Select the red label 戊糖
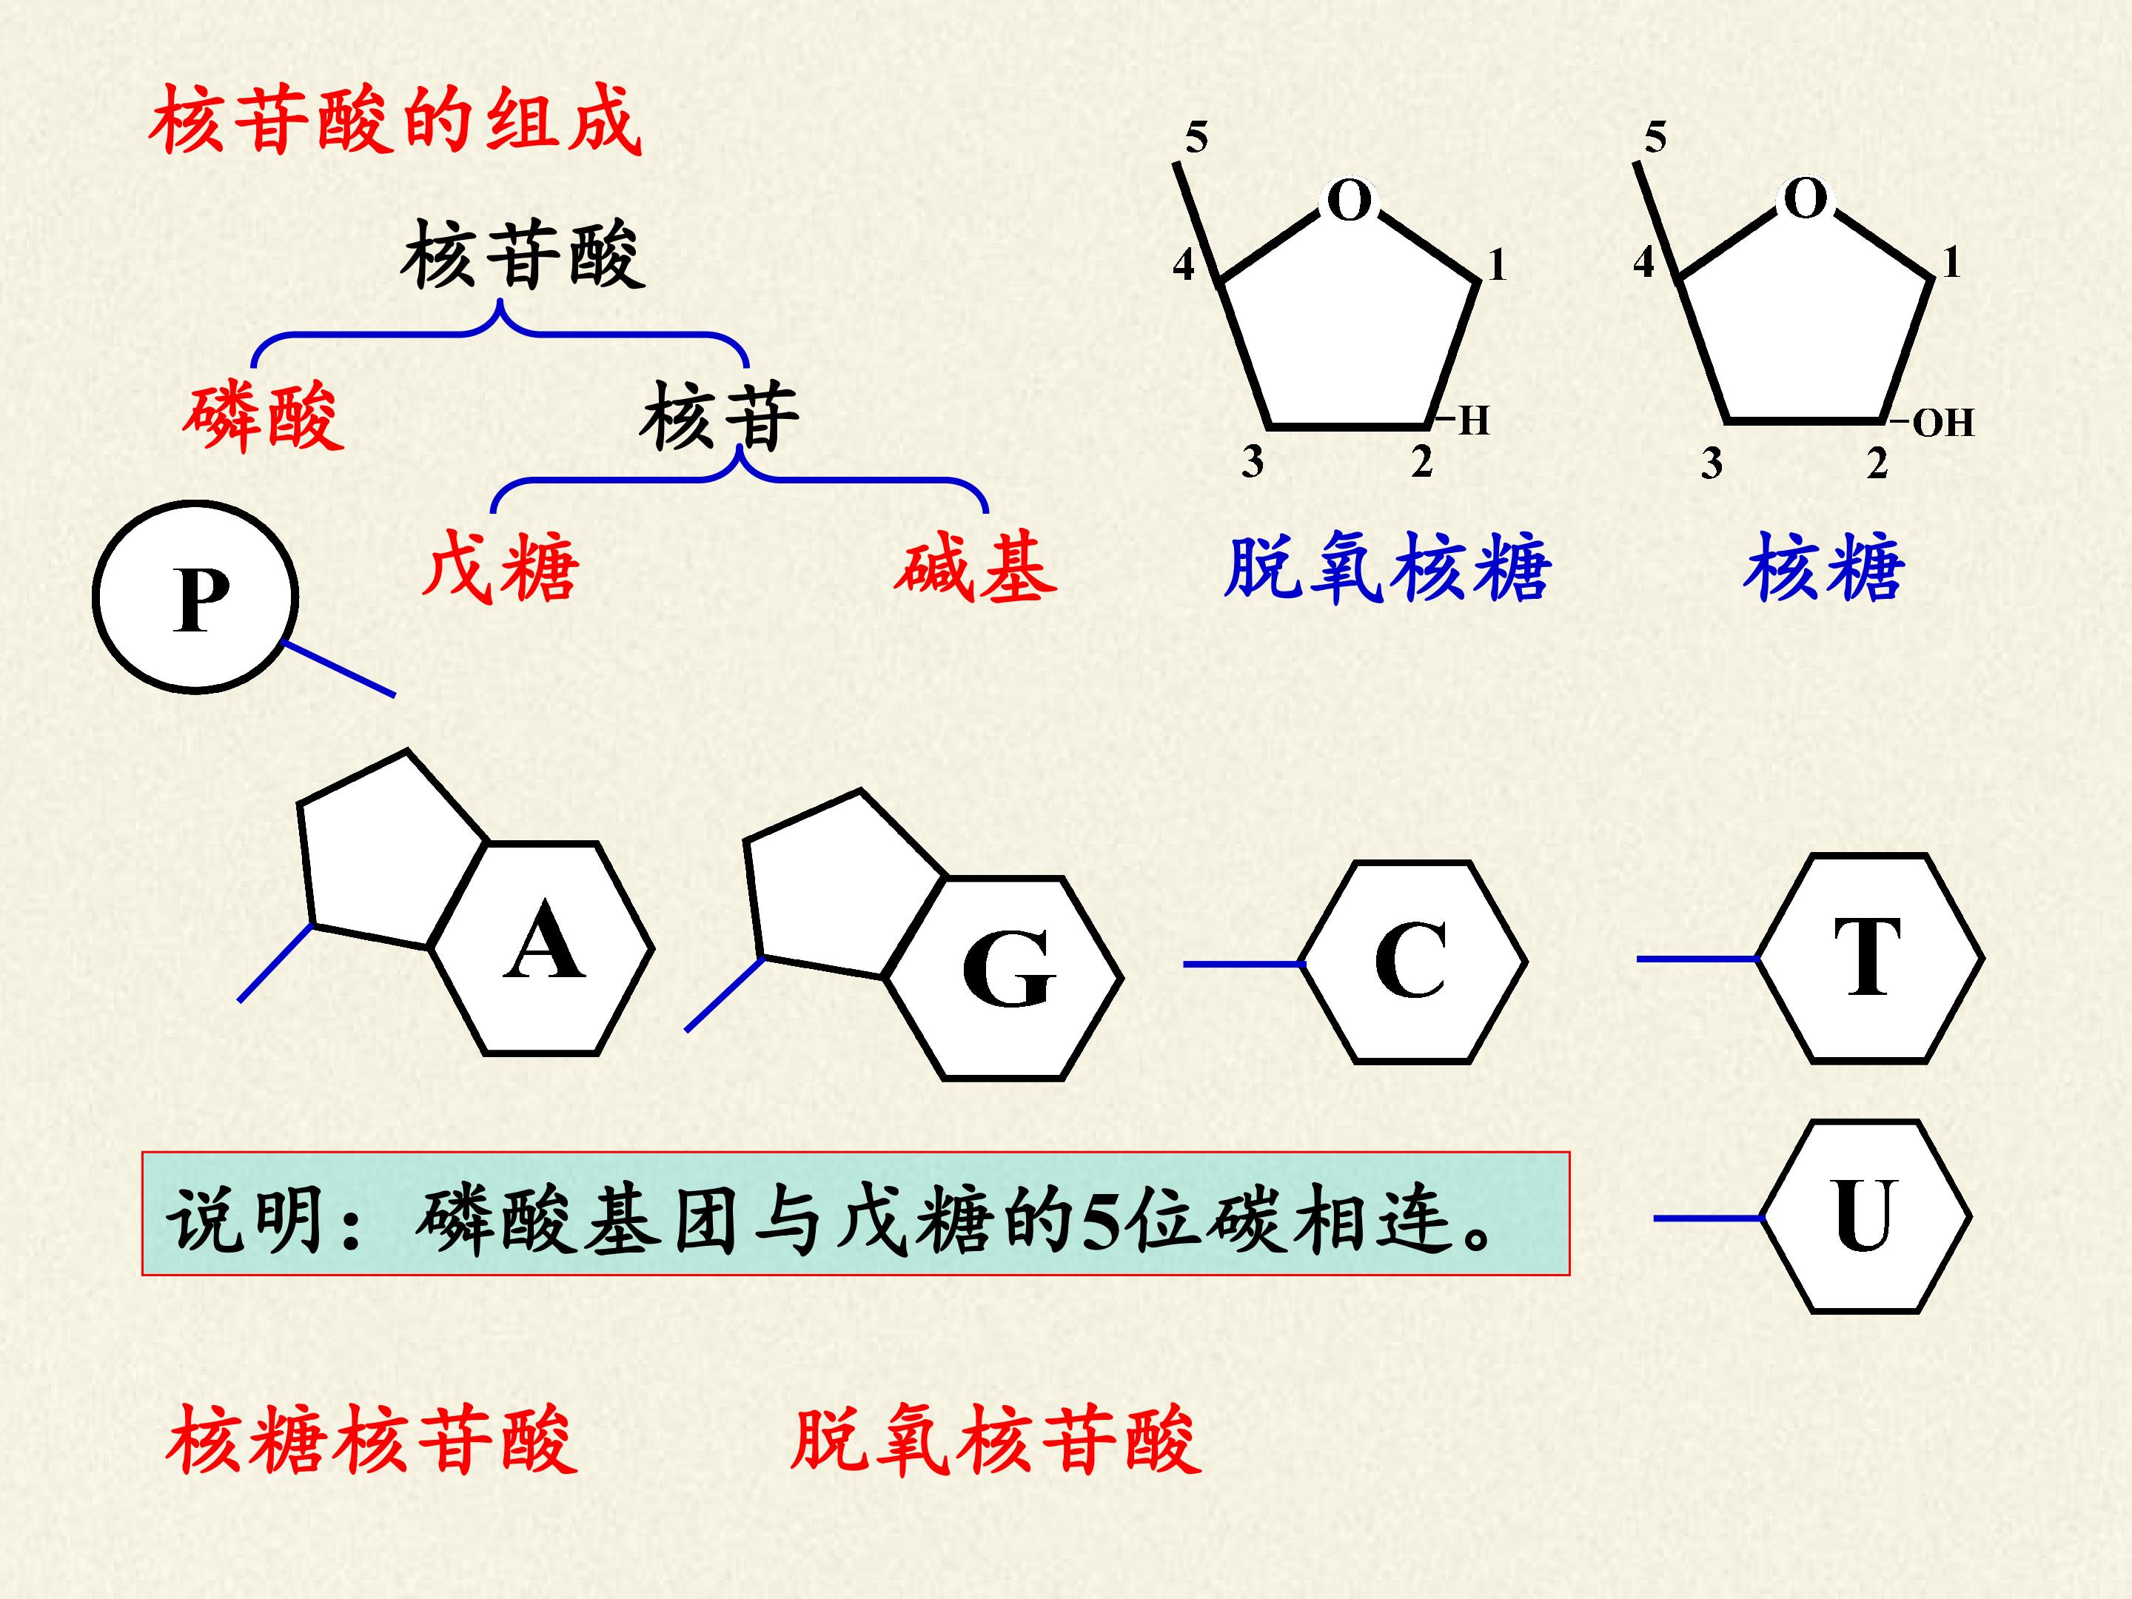click(500, 567)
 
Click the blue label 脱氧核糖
click(1388, 568)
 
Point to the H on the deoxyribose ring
click(1474, 421)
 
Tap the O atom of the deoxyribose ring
click(1350, 201)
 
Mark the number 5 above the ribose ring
click(1655, 138)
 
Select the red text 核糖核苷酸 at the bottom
click(372, 1439)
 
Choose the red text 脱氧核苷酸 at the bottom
click(996, 1439)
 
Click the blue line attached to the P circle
click(338, 668)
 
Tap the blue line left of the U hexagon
click(1709, 1218)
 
